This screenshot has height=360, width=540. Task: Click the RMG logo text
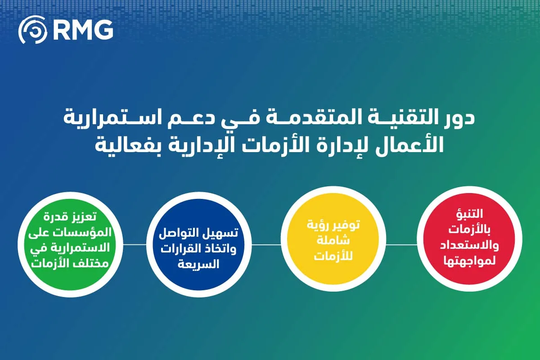point(82,30)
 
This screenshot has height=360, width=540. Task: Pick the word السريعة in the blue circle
point(198,264)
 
